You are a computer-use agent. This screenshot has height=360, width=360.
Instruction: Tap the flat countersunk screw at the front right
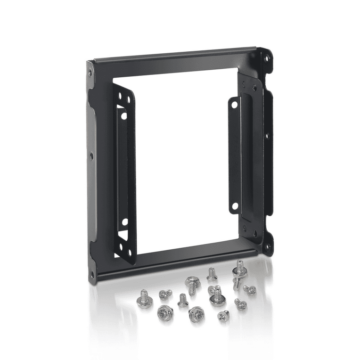(x=224, y=316)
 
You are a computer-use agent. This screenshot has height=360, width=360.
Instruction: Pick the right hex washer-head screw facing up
(x=196, y=313)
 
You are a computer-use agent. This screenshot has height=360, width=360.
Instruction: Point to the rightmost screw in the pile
(x=249, y=289)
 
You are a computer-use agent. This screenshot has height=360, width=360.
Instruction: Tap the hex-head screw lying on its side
(x=191, y=283)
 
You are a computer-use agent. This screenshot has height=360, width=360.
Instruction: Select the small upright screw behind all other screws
(x=212, y=274)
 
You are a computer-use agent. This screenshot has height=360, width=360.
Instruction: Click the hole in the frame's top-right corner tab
(x=267, y=59)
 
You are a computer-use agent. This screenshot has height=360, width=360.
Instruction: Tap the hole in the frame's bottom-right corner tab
(x=267, y=246)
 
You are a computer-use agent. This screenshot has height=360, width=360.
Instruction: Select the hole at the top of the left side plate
(x=90, y=72)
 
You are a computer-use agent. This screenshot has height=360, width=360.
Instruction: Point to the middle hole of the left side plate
(x=91, y=155)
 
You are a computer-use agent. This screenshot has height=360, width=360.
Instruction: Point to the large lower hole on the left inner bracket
(x=124, y=221)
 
